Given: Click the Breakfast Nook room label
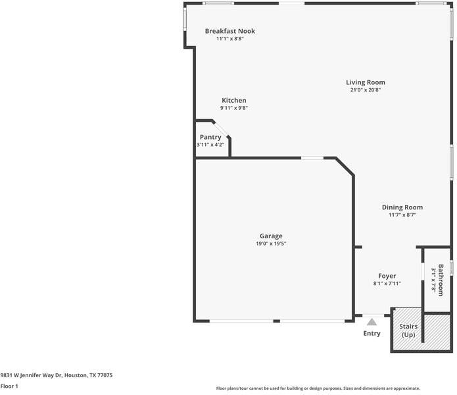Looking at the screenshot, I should pos(229,31).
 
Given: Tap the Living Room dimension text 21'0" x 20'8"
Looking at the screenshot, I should pos(366,90).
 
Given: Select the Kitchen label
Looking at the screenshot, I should pos(233,100).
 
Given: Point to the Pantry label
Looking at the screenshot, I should pos(210,137).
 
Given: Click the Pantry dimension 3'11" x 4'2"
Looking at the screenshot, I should pos(210,145).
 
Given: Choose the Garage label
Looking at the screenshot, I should pos(271,236).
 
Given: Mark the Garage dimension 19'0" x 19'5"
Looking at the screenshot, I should pos(271,244).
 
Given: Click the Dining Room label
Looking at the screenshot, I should pos(402,207).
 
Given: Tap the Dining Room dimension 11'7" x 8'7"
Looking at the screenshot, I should pos(402,215).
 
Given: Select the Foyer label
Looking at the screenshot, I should pos(387,276).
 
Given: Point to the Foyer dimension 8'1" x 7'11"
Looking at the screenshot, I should pos(387,284).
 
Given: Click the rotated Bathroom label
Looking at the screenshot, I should pos(441,280).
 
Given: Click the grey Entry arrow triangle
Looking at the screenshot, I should pos(372,322).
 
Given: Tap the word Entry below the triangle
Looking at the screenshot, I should pos(372,333).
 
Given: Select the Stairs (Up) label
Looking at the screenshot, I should pos(409,330).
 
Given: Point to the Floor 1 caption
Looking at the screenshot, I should pos(9,386).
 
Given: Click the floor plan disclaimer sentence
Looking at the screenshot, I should pos(318,388).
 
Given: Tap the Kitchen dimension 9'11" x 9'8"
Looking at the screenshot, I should pos(233,108).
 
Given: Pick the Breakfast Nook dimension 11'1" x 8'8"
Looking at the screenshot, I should pos(229,39).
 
